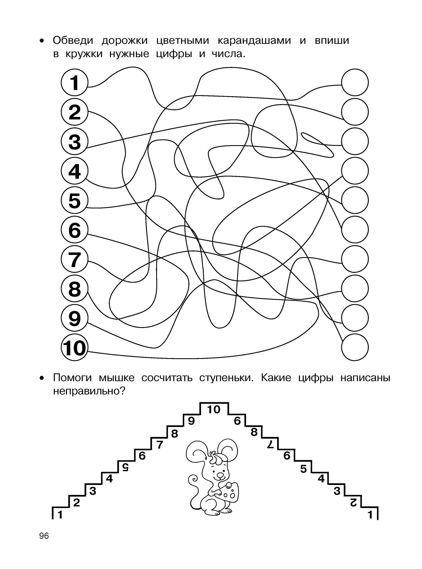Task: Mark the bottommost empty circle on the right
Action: (x=355, y=348)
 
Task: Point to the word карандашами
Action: (x=254, y=40)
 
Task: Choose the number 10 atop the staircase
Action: (x=213, y=410)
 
